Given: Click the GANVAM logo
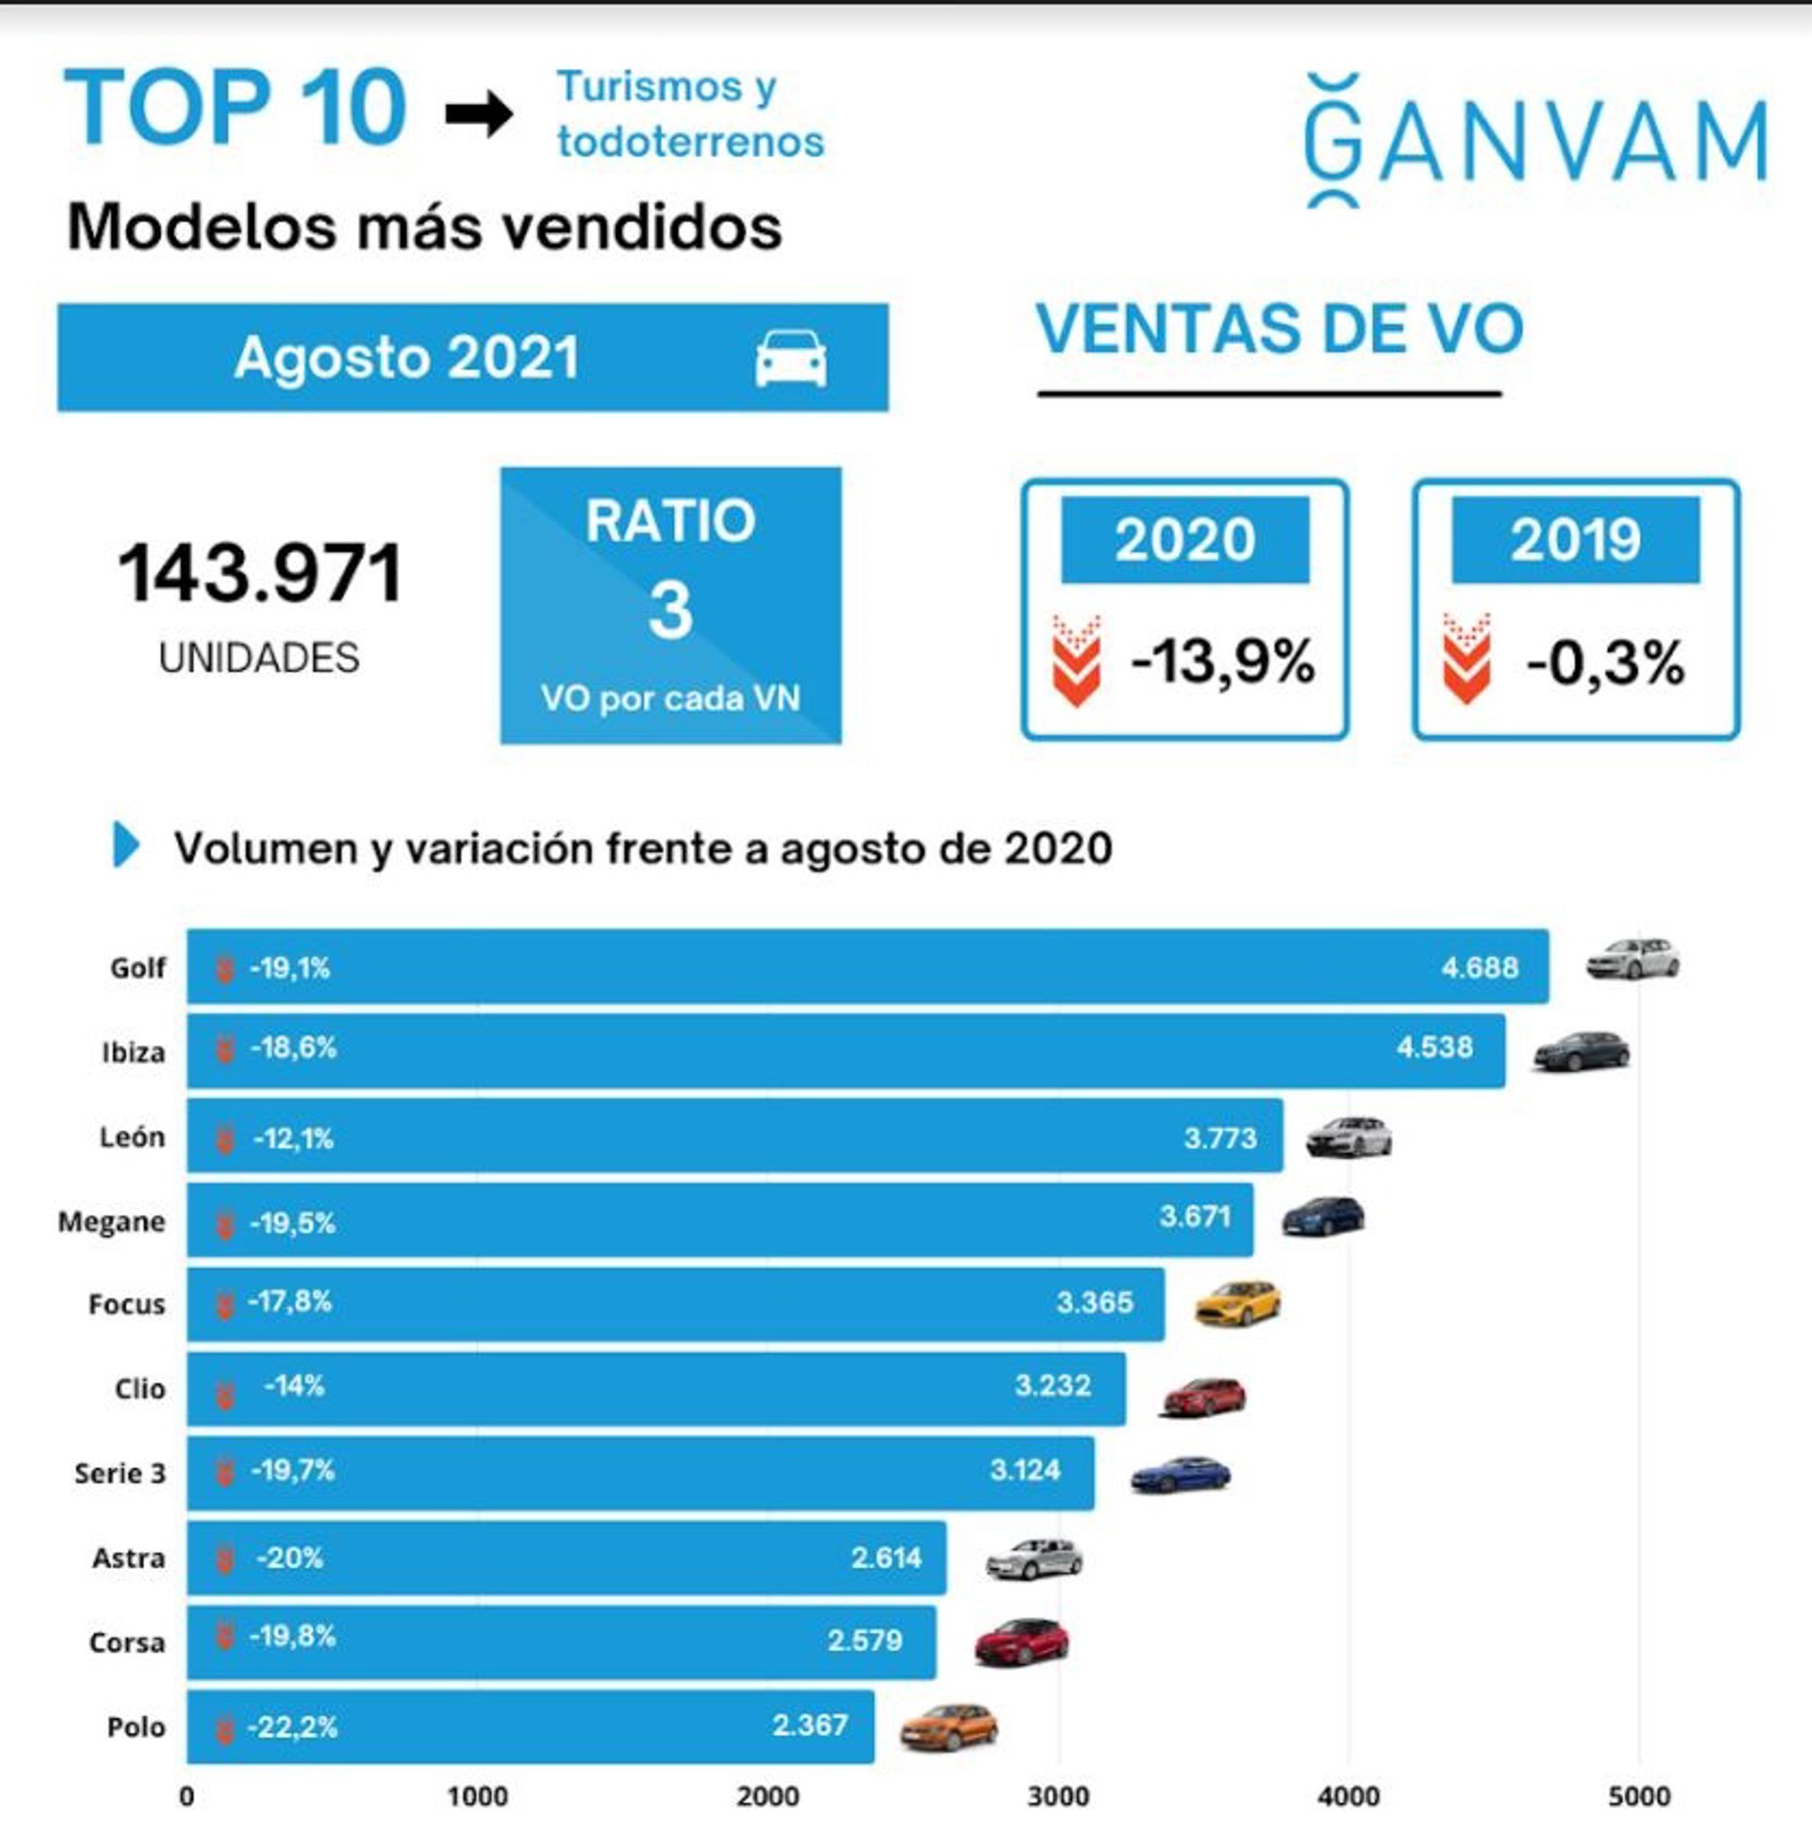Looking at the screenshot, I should click(x=1535, y=141).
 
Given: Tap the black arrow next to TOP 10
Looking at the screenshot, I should click(x=478, y=115).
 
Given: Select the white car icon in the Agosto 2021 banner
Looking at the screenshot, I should click(x=791, y=359).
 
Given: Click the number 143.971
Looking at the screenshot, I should click(x=260, y=574).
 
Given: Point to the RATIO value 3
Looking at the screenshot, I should click(x=670, y=610).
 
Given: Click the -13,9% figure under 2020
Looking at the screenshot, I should click(x=1222, y=661).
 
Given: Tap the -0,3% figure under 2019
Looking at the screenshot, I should click(x=1604, y=663).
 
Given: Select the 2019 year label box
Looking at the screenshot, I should click(x=1575, y=540).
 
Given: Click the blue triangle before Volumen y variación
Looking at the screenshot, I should click(x=126, y=844).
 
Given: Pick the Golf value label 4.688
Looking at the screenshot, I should click(x=1479, y=967).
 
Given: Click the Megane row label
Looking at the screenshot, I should click(x=111, y=1221).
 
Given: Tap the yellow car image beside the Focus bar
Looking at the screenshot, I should click(x=1238, y=1302).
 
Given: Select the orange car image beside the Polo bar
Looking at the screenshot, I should click(x=948, y=1727).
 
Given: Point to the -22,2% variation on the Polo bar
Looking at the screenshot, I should click(x=293, y=1726).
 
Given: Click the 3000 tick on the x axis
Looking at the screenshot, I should click(x=1058, y=1797).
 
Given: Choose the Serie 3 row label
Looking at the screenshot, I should click(x=120, y=1473).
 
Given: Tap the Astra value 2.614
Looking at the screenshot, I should click(x=886, y=1558).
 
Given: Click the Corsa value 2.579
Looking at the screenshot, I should click(x=864, y=1640).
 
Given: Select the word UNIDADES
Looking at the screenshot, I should click(x=259, y=659).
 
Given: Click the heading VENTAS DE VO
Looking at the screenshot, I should click(x=1279, y=329).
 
